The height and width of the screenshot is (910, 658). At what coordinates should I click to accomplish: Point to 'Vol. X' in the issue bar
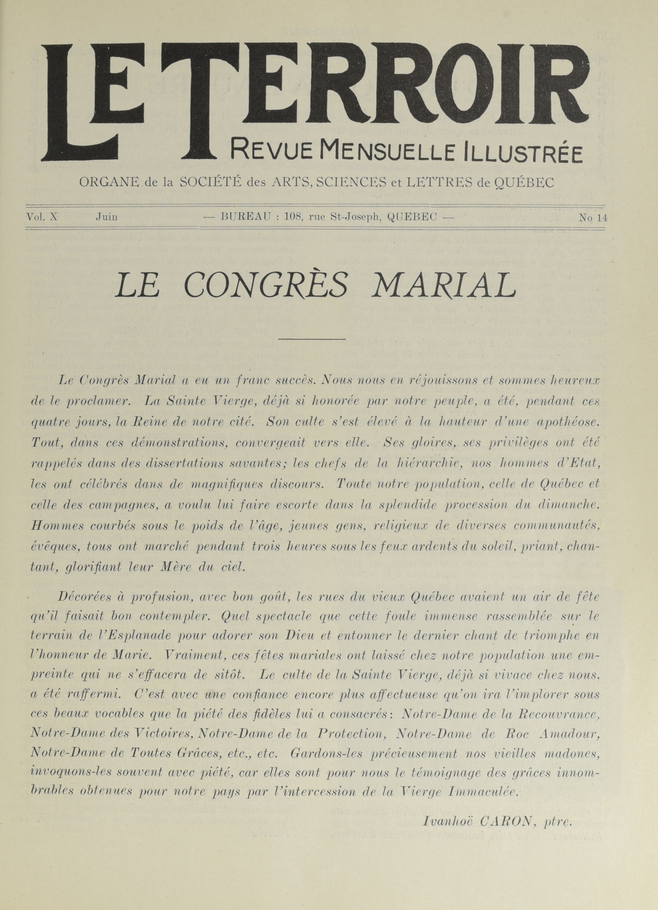tap(42, 217)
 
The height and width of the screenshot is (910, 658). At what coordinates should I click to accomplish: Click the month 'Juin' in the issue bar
tap(106, 217)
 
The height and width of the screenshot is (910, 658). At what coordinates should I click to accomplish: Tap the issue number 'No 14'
tap(593, 218)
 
